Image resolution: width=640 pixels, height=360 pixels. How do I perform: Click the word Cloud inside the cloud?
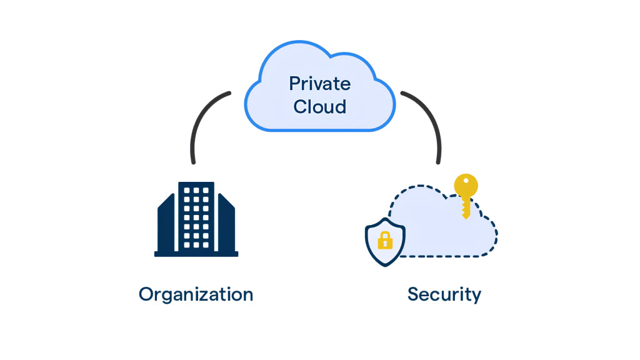[319, 106]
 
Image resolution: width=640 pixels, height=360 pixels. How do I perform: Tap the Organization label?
[196, 294]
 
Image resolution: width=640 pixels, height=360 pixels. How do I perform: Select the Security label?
[444, 294]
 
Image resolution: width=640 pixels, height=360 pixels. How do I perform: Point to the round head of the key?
[466, 186]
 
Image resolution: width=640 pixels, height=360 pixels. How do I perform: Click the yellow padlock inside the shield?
[385, 240]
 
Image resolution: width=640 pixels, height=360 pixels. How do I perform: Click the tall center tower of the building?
[196, 216]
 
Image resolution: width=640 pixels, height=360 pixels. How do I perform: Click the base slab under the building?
[196, 254]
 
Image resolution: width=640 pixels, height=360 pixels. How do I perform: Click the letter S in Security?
[414, 294]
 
